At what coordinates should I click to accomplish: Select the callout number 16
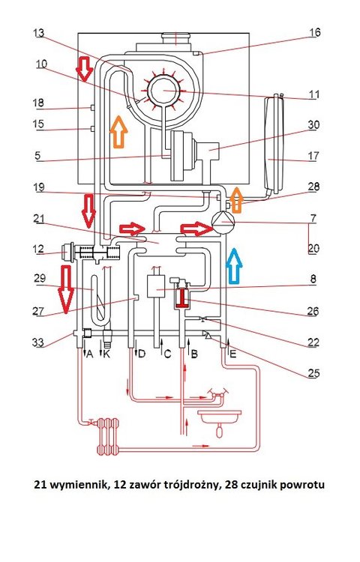click(315, 32)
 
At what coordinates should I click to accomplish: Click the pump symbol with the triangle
click(222, 223)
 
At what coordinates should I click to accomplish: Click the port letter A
click(90, 354)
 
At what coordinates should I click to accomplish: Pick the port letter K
click(106, 354)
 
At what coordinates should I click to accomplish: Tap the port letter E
click(233, 354)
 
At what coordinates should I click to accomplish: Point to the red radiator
click(107, 436)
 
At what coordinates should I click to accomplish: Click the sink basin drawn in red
click(219, 417)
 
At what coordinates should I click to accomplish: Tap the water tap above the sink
click(217, 395)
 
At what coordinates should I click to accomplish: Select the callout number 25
click(313, 373)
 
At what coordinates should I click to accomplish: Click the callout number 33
click(38, 342)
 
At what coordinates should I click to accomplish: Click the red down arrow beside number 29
click(67, 289)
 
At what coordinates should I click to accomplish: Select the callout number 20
click(313, 248)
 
